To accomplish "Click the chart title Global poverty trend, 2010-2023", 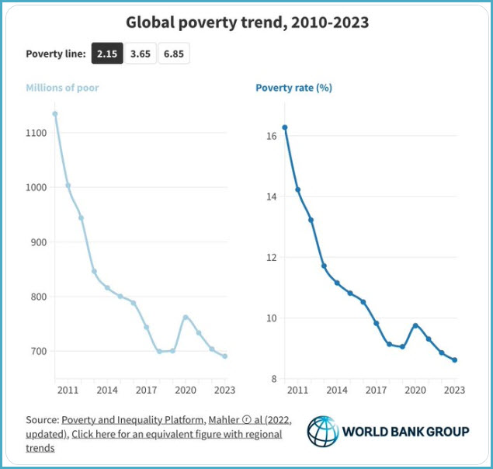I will click(x=247, y=23).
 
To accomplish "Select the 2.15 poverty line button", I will click(x=106, y=54).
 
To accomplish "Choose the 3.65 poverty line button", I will click(x=141, y=54).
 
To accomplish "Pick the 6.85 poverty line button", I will click(x=174, y=54).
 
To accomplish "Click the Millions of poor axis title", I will click(x=62, y=88).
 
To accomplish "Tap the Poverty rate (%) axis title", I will click(x=293, y=88).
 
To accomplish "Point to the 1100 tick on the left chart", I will click(x=36, y=134).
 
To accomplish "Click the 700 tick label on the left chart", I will click(x=39, y=351).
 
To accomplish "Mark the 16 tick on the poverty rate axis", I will click(x=272, y=137).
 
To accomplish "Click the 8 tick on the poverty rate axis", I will click(x=274, y=379).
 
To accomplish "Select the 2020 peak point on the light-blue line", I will click(x=186, y=317).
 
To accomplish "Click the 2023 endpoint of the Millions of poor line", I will click(x=225, y=356).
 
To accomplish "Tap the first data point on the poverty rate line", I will click(x=285, y=127).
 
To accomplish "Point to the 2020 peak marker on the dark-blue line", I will click(x=415, y=325).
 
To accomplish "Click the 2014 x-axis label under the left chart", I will click(x=108, y=390).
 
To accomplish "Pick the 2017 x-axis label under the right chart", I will click(x=377, y=390).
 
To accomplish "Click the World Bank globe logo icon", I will click(x=322, y=432).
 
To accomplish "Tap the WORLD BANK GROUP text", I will click(x=405, y=432).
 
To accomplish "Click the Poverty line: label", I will click(x=55, y=54).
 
